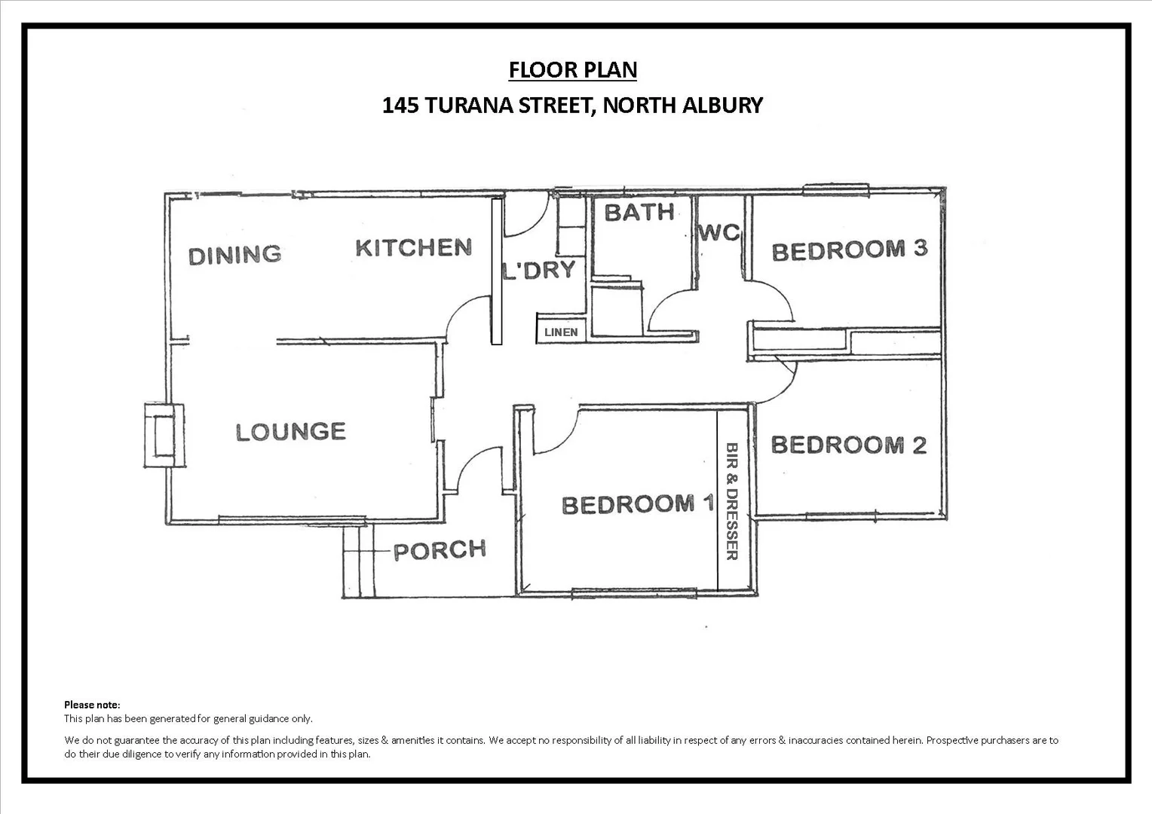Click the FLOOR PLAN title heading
[572, 69]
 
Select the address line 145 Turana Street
[572, 105]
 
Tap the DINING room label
[234, 255]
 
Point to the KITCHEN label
[413, 247]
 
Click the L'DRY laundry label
[539, 270]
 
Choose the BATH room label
[639, 213]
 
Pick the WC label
[719, 232]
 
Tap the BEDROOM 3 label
[849, 249]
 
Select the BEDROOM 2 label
[848, 445]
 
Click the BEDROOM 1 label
[637, 504]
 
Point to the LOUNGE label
[290, 432]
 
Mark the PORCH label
[440, 550]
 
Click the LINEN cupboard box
[561, 332]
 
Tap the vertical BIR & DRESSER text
[731, 501]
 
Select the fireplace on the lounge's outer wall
[164, 436]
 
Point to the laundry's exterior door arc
[526, 216]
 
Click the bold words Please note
[92, 705]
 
